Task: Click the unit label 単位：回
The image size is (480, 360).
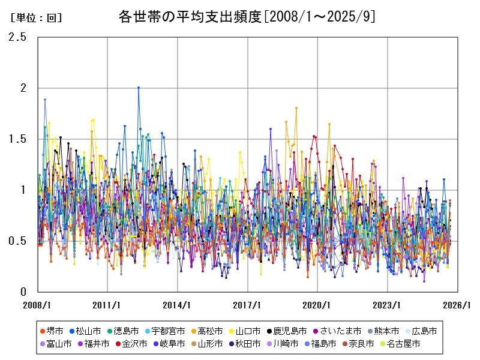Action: [36, 18]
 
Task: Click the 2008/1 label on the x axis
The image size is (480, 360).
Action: [37, 305]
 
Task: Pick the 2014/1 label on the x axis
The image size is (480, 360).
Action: [178, 305]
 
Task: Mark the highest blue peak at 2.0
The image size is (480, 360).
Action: [139, 88]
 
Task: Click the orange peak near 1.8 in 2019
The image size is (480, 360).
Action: [296, 108]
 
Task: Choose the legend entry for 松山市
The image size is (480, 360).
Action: [96, 331]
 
